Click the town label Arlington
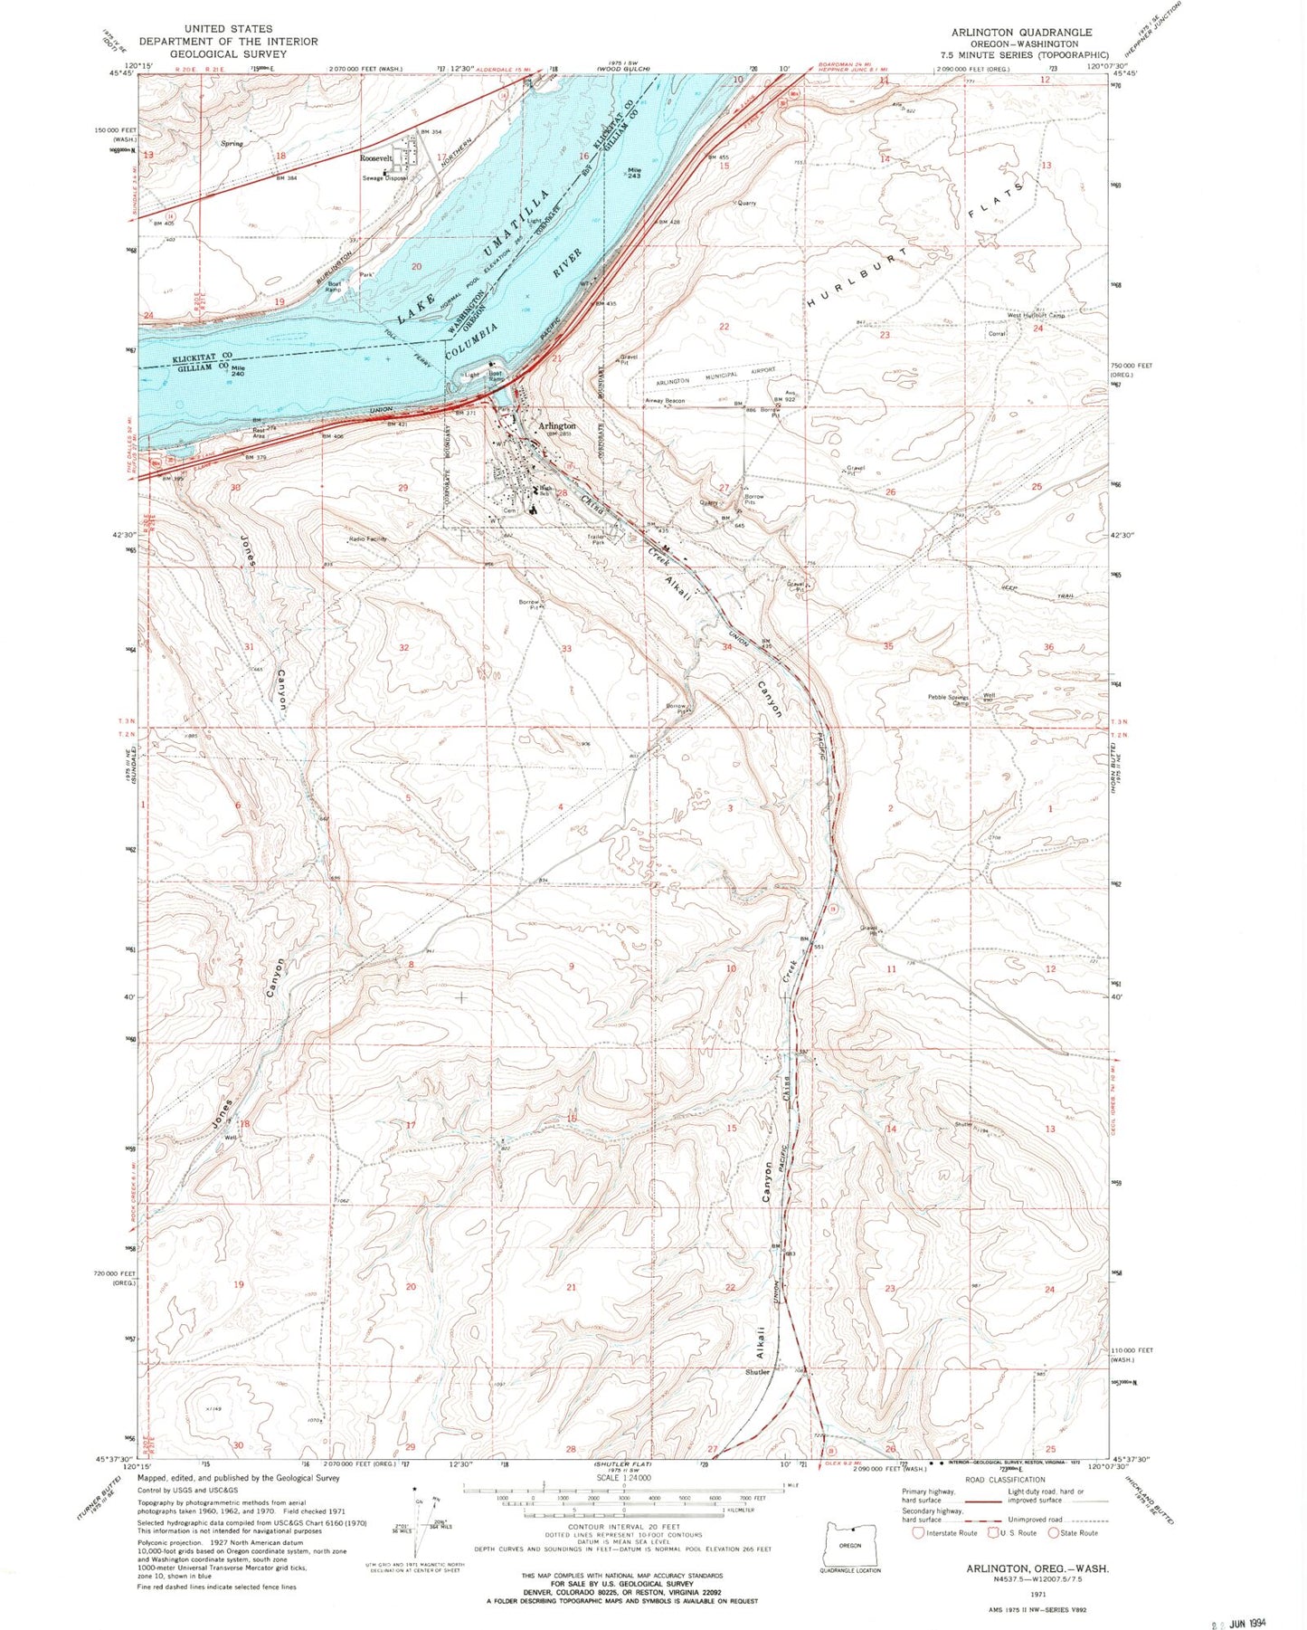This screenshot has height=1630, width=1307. [556, 425]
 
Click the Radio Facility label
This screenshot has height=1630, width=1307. [368, 539]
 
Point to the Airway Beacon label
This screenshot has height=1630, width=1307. [664, 401]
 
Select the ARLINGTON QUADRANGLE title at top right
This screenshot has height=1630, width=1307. [1021, 33]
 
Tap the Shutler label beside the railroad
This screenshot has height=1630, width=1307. [757, 1372]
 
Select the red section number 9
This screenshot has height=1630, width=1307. [571, 968]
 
